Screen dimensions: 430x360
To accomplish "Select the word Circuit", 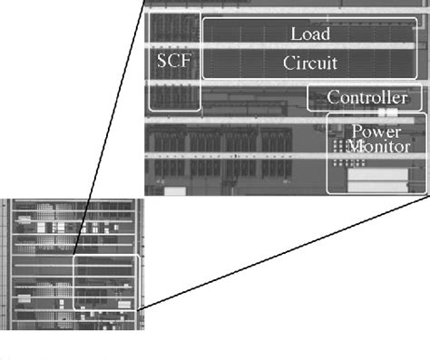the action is [x=309, y=63].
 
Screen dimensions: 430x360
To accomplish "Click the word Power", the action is [x=376, y=131].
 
